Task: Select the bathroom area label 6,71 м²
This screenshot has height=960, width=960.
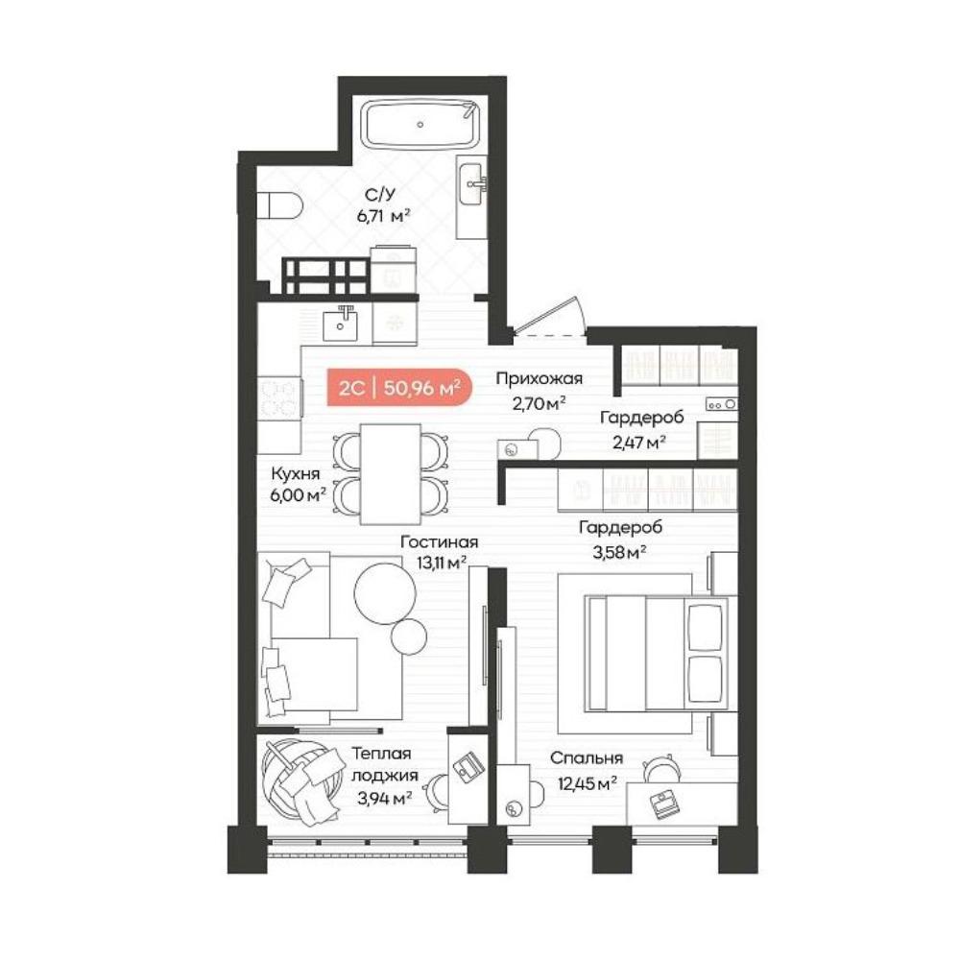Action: tap(383, 215)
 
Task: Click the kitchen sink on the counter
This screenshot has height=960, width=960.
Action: tap(341, 324)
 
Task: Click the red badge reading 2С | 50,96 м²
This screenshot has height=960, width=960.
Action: tap(399, 388)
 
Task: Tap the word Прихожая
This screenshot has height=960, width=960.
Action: tap(539, 378)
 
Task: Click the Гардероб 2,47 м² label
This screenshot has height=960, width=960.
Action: tap(641, 429)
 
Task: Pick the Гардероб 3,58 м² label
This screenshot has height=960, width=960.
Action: tap(620, 540)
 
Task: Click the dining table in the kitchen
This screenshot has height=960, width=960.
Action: tap(391, 474)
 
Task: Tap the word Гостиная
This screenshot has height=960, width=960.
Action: tap(439, 541)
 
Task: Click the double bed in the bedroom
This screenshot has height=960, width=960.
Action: tap(657, 653)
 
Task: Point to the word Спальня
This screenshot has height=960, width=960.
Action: tap(586, 758)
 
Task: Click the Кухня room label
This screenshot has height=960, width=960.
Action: tap(296, 473)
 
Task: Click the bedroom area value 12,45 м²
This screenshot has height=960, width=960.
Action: tap(587, 783)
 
